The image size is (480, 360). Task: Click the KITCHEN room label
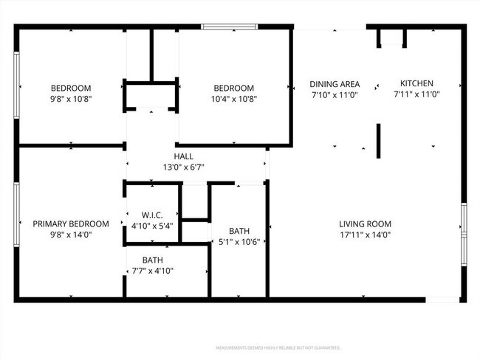[416, 83]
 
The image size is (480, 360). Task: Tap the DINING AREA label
[334, 84]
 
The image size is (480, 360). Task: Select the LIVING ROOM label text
[365, 224]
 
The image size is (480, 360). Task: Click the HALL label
[184, 156]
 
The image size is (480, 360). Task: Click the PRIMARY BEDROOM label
[71, 224]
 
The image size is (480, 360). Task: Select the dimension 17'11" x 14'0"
[365, 235]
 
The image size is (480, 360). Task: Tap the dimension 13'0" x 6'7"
[184, 167]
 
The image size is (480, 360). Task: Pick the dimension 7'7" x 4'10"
[152, 271]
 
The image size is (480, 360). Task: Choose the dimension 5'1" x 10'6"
[239, 242]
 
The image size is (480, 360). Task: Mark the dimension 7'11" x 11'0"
[416, 94]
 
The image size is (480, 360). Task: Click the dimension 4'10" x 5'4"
[152, 226]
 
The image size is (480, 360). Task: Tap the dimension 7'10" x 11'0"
[334, 95]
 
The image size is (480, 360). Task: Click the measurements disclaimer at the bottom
[278, 347]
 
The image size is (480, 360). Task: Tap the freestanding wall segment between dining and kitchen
[380, 141]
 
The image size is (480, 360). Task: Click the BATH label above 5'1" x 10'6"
[239, 231]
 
